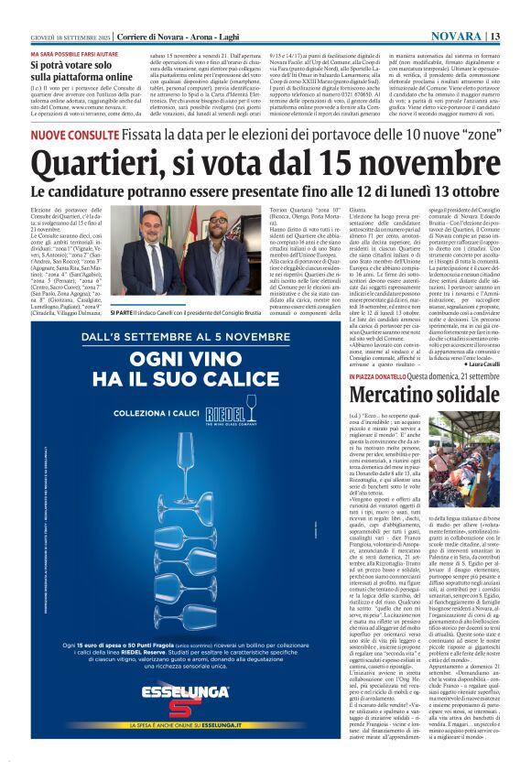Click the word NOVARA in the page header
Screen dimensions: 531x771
pyautogui.click(x=455, y=36)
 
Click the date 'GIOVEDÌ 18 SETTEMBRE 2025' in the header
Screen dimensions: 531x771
pyautogui.click(x=61, y=36)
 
